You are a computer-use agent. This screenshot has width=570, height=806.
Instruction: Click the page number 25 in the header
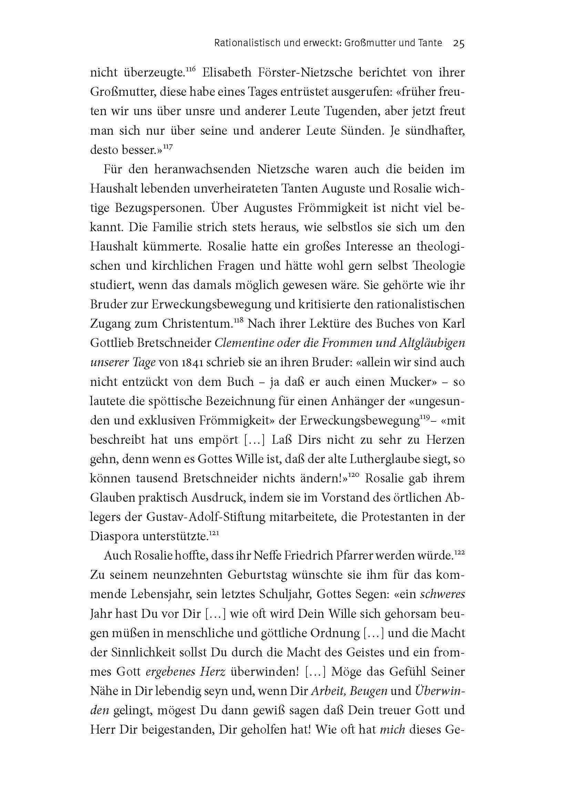pos(459,43)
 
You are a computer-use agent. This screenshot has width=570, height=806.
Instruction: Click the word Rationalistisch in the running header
pos(242,43)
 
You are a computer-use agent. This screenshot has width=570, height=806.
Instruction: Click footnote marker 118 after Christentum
pos(238,321)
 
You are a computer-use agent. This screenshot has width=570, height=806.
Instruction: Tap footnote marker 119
pos(425,417)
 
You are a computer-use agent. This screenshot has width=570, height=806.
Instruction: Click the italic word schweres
pos(442,594)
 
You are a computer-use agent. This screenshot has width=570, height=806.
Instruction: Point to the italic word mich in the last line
pos(393,730)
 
